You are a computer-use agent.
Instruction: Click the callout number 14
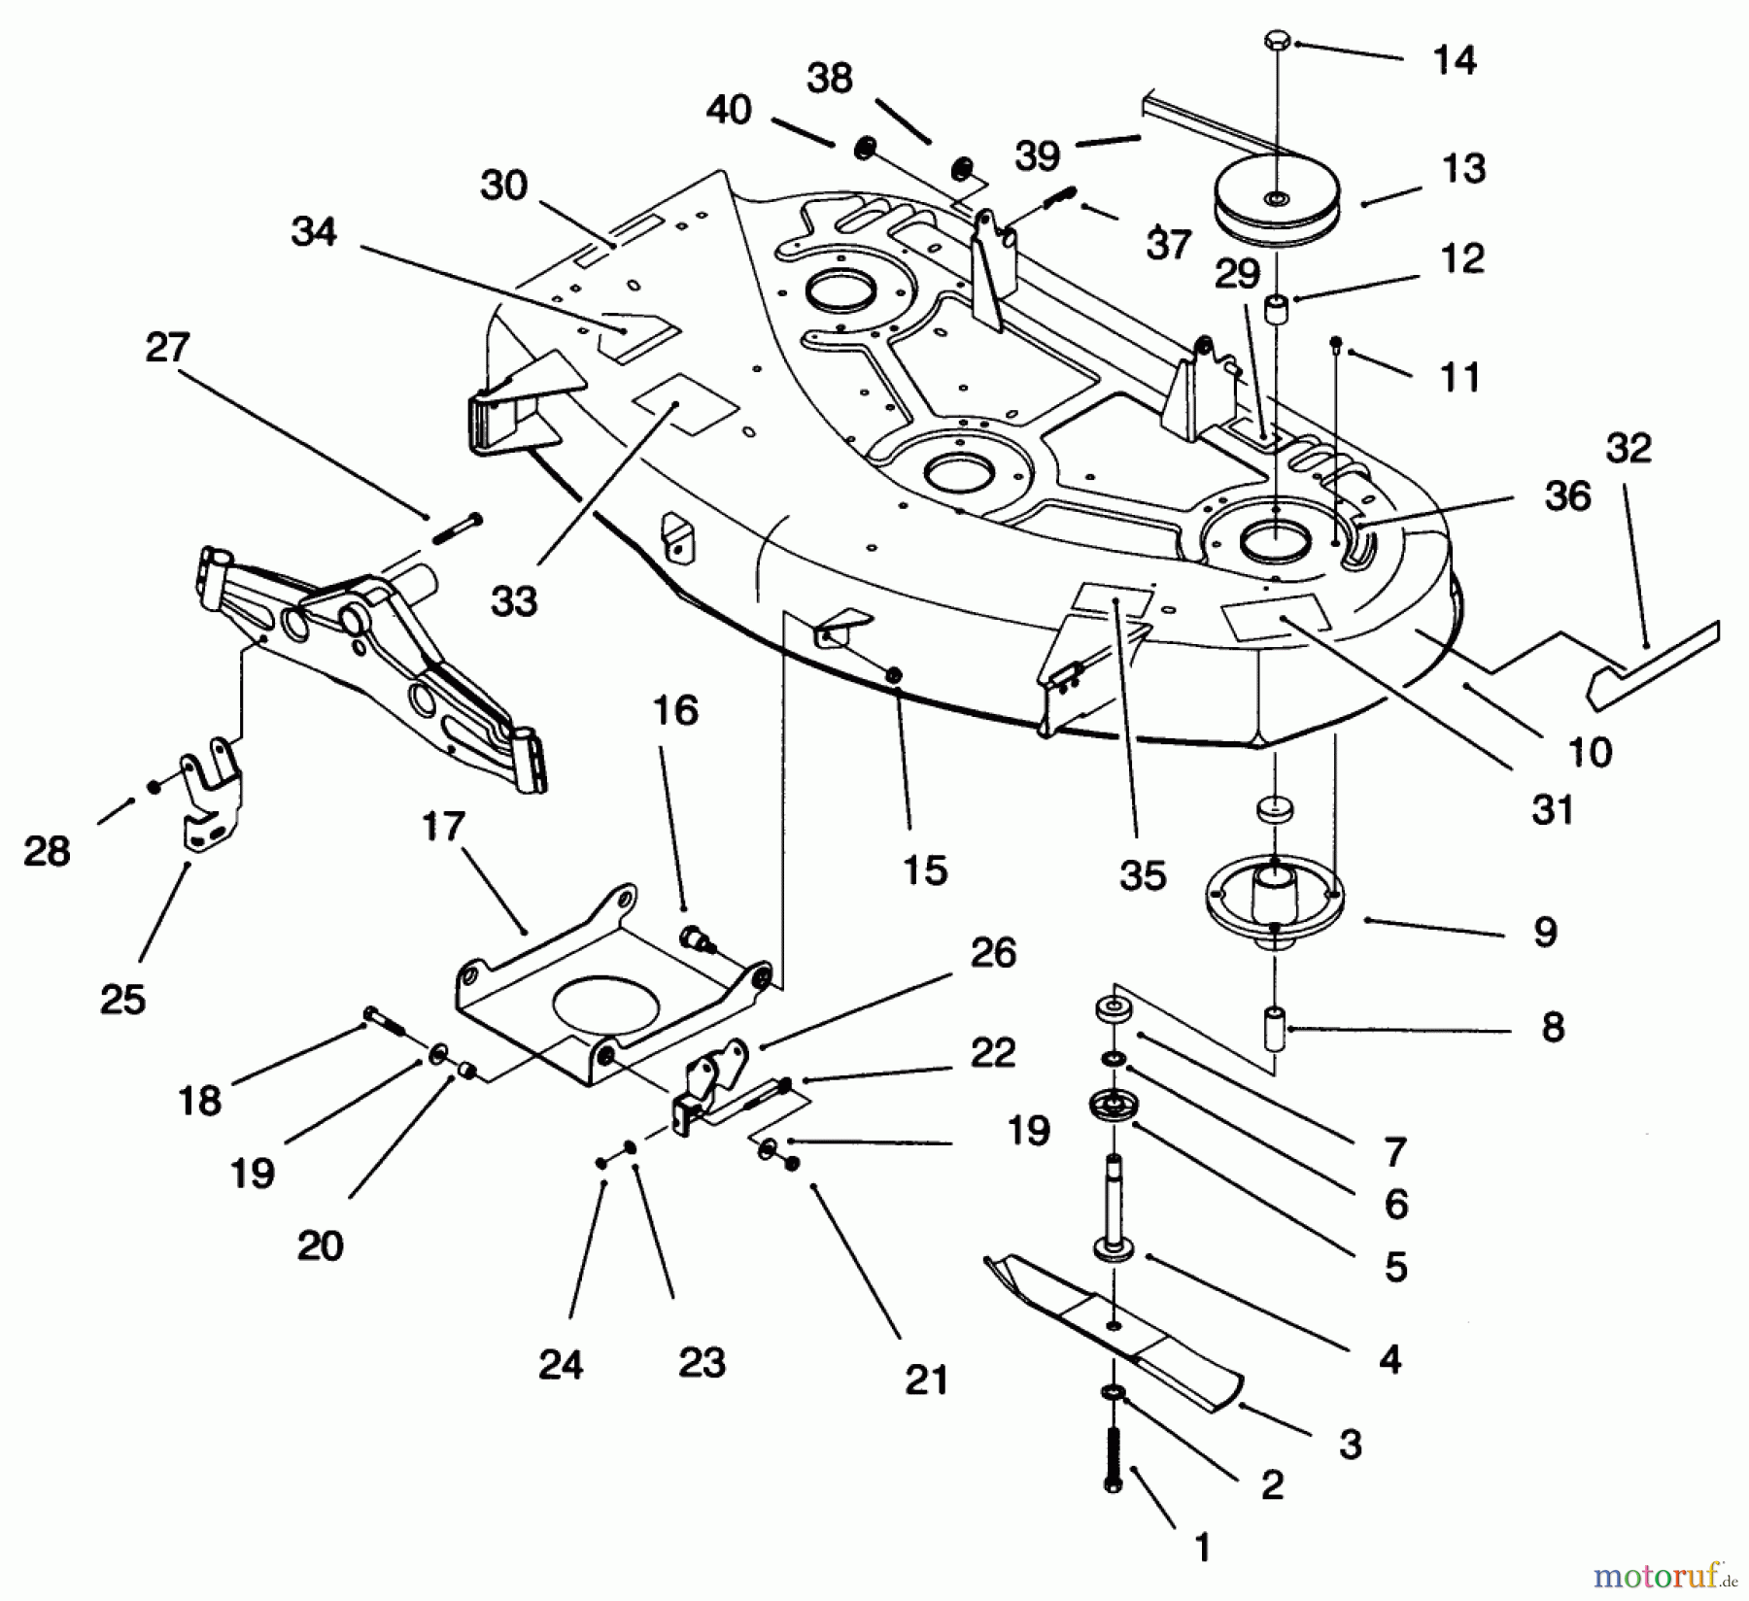pyautogui.click(x=1455, y=60)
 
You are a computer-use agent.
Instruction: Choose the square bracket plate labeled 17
pyautogui.click(x=602, y=1010)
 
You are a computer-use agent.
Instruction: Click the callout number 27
pyautogui.click(x=167, y=347)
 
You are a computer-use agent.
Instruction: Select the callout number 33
pyautogui.click(x=514, y=601)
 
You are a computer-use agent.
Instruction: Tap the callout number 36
pyautogui.click(x=1567, y=495)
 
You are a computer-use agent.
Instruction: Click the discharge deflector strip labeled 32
pyautogui.click(x=1652, y=661)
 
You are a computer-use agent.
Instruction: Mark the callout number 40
pyautogui.click(x=729, y=109)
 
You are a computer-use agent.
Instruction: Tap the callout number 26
pyautogui.click(x=993, y=953)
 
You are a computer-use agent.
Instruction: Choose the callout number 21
pyautogui.click(x=926, y=1379)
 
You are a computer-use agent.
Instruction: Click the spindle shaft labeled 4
pyautogui.click(x=1115, y=1205)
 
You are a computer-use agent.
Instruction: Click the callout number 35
pyautogui.click(x=1142, y=875)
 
